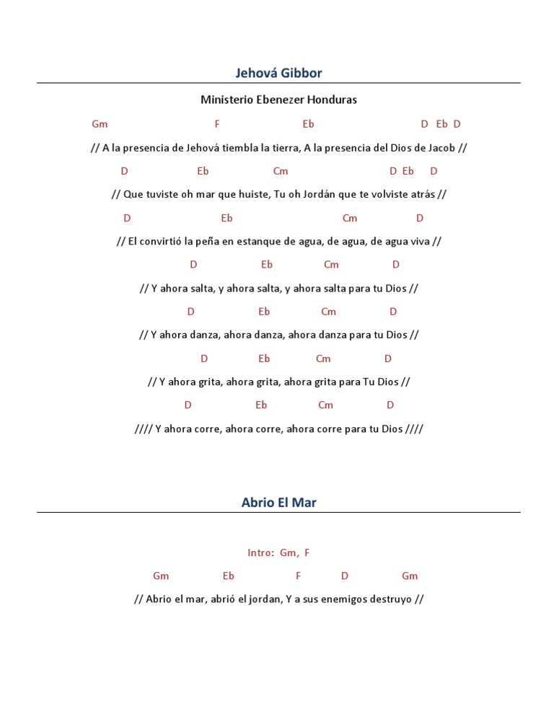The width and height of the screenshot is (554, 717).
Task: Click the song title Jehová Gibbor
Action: pos(278,73)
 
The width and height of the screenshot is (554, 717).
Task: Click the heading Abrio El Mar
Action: pos(278,503)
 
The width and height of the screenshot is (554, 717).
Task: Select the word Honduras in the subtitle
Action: pos(332,100)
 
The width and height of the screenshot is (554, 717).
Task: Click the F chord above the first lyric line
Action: pos(217,124)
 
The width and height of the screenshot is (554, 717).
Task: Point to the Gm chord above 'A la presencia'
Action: pos(100,124)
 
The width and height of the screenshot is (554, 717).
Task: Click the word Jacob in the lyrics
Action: pos(442,148)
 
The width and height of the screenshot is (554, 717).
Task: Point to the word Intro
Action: pos(260,553)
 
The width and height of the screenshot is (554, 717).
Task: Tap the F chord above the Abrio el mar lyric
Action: pos(298,576)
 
